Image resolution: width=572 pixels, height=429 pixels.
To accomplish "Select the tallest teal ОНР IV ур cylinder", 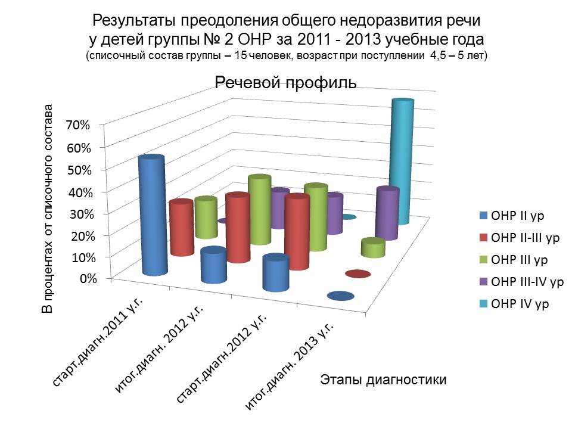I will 400,161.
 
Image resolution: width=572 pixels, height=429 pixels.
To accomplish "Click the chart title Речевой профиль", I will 285,83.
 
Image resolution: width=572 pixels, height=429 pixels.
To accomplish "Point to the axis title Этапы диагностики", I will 383,379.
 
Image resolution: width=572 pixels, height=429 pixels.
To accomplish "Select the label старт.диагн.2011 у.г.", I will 101,343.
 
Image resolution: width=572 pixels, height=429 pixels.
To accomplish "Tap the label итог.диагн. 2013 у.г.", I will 288,369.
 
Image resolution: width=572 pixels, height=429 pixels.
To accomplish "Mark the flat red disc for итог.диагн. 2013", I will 357,274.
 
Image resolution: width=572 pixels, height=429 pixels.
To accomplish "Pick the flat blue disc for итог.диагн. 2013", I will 338,296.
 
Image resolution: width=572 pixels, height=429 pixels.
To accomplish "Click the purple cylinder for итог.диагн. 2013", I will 387,213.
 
